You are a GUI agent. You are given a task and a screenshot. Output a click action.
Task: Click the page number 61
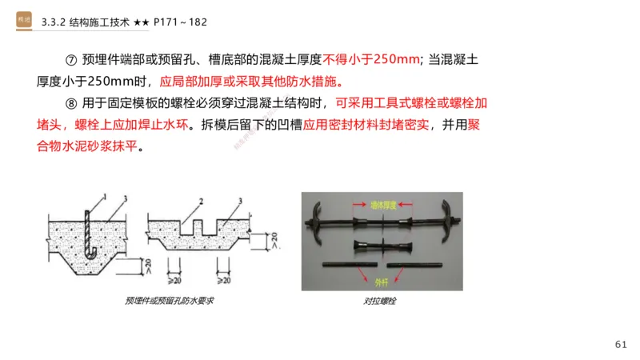pyautogui.click(x=621, y=344)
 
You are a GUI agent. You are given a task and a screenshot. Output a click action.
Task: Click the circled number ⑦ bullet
pyautogui.click(x=69, y=59)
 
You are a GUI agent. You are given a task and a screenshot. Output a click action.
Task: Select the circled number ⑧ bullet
pyautogui.click(x=69, y=104)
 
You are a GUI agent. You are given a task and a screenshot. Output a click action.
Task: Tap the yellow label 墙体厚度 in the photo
pyautogui.click(x=383, y=206)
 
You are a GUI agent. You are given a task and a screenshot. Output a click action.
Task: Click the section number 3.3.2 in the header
pyautogui.click(x=53, y=22)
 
